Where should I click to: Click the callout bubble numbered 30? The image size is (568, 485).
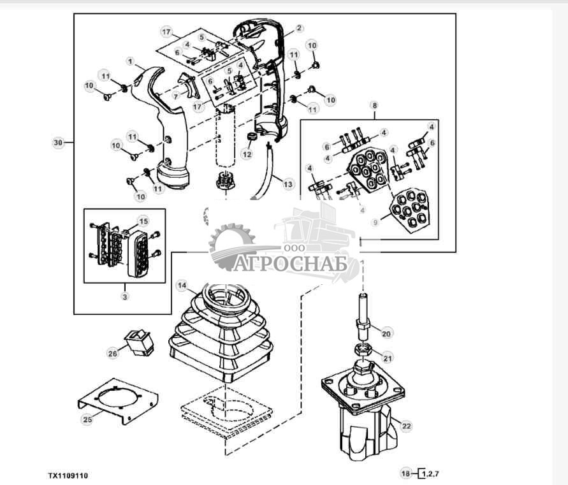[59, 143]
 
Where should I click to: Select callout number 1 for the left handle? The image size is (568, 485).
[130, 62]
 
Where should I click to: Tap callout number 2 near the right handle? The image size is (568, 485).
[299, 28]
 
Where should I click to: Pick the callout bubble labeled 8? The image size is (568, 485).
[374, 105]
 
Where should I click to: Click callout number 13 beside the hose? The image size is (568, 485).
[288, 184]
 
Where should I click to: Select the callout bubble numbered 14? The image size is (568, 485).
[182, 285]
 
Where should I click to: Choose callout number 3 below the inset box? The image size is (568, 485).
[125, 296]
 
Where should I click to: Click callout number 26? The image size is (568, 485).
[112, 351]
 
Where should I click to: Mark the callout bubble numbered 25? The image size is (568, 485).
[87, 419]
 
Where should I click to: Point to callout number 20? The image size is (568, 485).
[385, 332]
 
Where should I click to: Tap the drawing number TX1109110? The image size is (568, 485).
[68, 475]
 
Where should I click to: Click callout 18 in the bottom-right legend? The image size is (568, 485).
[405, 473]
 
